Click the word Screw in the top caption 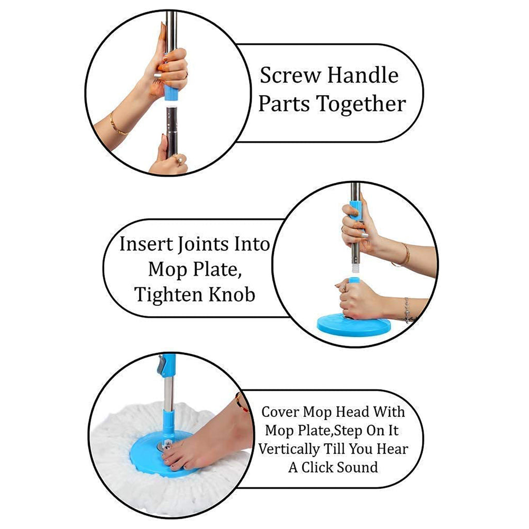click(289, 75)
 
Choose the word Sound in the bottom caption click(357, 468)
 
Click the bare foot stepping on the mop click(207, 439)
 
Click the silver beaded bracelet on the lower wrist click(407, 310)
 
